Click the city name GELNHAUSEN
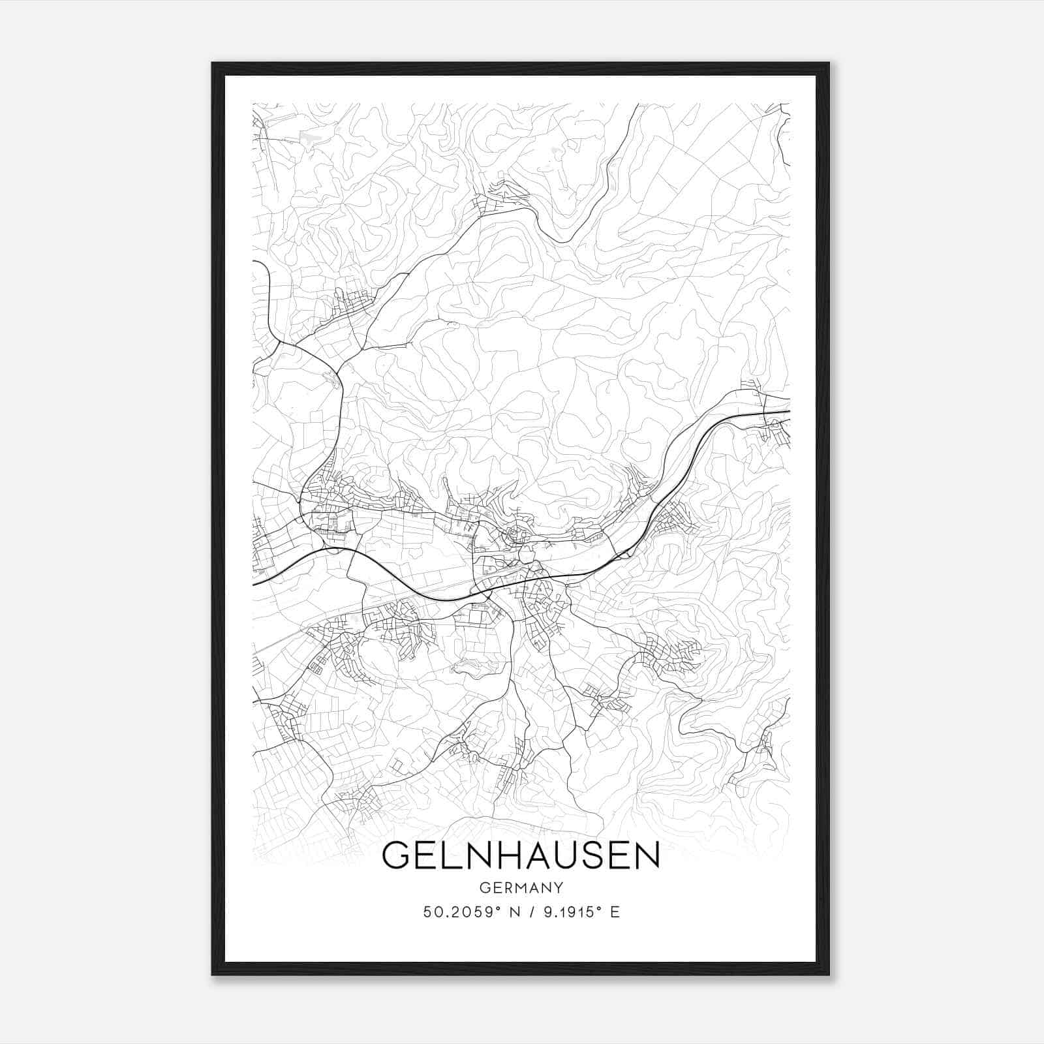pos(521,855)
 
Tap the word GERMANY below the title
pos(521,887)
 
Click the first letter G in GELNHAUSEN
pos(397,855)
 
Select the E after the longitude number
pos(615,912)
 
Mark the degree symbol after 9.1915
pos(600,908)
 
